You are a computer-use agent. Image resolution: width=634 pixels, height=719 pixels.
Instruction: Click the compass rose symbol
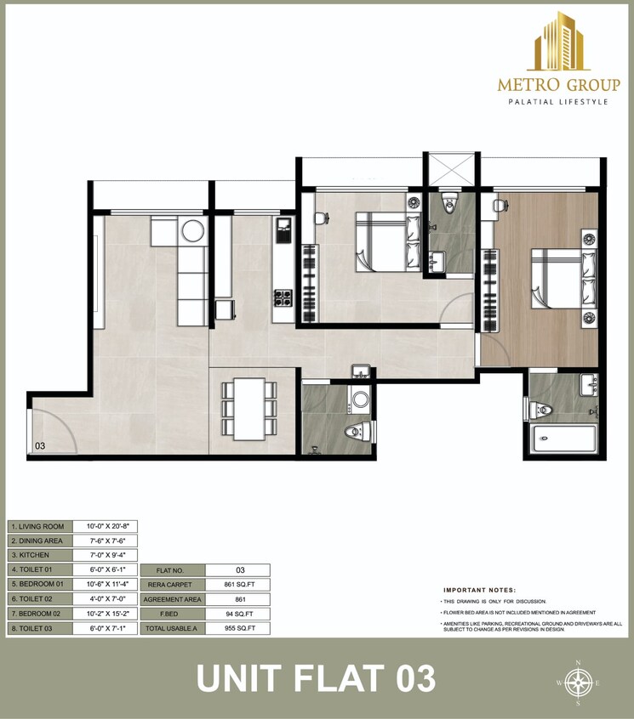pyautogui.click(x=578, y=682)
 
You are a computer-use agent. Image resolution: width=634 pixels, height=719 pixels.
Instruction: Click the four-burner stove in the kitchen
pyautogui.click(x=282, y=299)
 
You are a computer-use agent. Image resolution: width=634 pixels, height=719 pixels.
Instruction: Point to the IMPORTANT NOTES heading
pyautogui.click(x=479, y=589)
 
